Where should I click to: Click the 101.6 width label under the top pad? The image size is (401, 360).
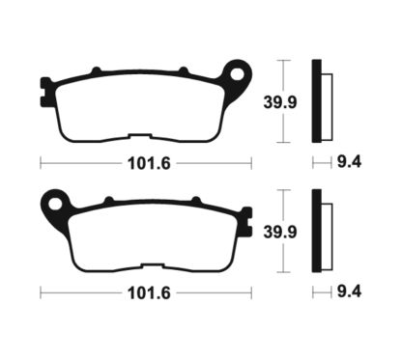click(142, 163)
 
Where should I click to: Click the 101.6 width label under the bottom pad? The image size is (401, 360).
click(142, 291)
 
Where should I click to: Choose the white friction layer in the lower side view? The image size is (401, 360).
click(326, 233)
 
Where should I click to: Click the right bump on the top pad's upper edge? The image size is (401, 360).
click(183, 69)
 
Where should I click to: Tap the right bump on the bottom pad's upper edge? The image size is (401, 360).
click(192, 200)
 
